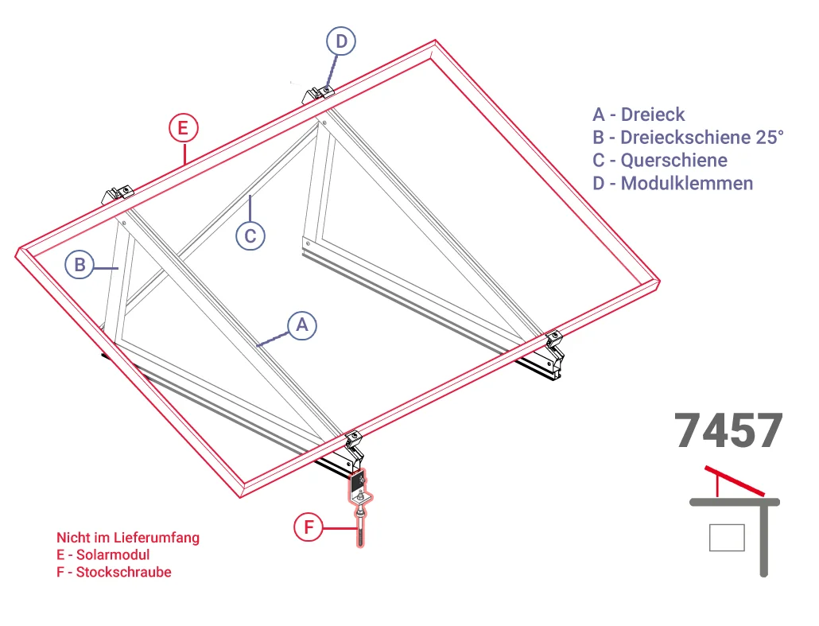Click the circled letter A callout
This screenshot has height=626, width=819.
tap(302, 325)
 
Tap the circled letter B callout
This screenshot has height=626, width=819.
tap(80, 264)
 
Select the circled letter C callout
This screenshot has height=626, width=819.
tap(250, 235)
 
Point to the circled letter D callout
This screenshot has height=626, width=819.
tap(341, 41)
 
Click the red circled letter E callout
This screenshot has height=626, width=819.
tap(184, 128)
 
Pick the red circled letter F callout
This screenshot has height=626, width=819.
tap(309, 527)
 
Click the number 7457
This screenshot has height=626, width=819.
tap(728, 431)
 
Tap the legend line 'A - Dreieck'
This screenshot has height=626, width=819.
tap(639, 115)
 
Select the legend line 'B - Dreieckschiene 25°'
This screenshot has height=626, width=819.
tap(688, 138)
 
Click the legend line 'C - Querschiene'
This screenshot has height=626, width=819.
tap(660, 161)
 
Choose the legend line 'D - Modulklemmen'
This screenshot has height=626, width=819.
tap(673, 184)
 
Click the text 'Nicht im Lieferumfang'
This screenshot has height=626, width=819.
tap(128, 538)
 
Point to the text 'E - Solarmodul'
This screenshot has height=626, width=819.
tap(103, 554)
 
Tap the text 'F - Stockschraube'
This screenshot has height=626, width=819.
tap(114, 572)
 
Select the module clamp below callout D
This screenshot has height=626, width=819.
tap(318, 95)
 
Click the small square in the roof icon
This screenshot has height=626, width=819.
tap(727, 538)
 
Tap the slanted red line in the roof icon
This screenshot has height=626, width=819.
tap(735, 480)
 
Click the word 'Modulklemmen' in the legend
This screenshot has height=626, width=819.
tap(687, 184)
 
